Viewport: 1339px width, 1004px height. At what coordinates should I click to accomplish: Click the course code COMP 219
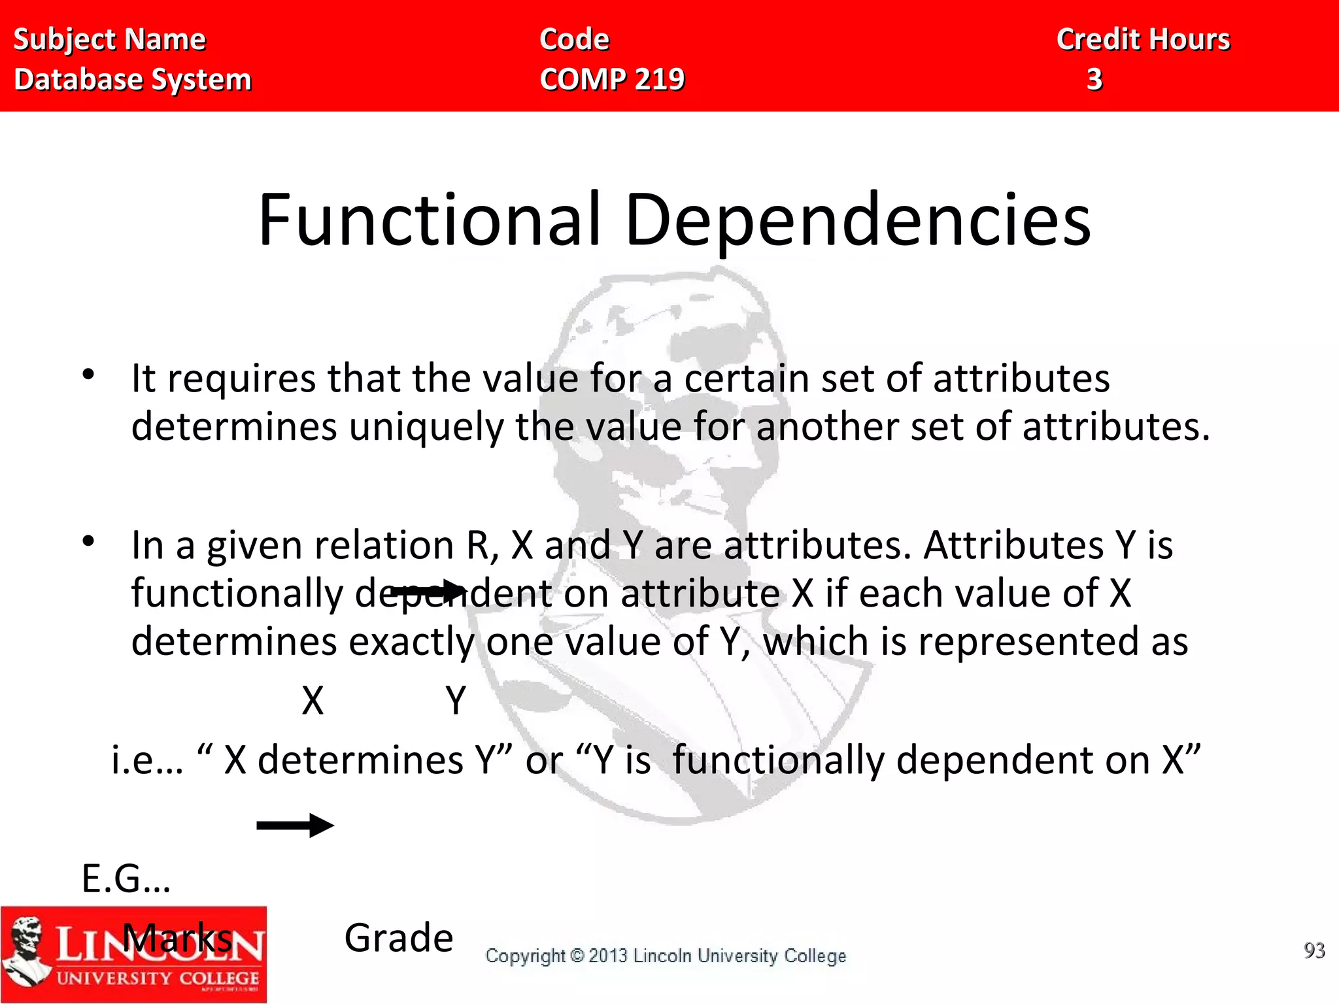(612, 79)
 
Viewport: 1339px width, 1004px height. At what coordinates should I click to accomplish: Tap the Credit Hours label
(1144, 39)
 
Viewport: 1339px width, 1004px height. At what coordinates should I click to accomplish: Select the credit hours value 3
(1094, 79)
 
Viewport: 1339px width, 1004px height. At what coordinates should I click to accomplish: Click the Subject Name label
(110, 39)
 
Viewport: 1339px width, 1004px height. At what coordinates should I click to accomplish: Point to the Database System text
(133, 79)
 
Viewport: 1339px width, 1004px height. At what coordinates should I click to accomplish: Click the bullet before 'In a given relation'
(89, 541)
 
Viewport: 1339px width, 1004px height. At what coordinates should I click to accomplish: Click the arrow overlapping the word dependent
(428, 591)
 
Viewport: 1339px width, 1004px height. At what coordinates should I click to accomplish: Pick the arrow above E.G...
(295, 826)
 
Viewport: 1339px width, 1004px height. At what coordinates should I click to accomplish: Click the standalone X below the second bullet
(313, 701)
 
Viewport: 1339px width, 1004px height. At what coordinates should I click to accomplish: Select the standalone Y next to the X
(456, 701)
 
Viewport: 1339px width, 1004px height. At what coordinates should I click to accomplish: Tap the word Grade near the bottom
(399, 938)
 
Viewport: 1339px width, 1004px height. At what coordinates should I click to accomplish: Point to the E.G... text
(126, 878)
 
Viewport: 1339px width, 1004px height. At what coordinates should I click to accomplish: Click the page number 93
(1314, 950)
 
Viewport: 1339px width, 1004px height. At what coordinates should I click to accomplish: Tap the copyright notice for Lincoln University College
(666, 956)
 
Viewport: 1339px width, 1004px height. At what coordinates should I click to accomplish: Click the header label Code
(574, 39)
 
